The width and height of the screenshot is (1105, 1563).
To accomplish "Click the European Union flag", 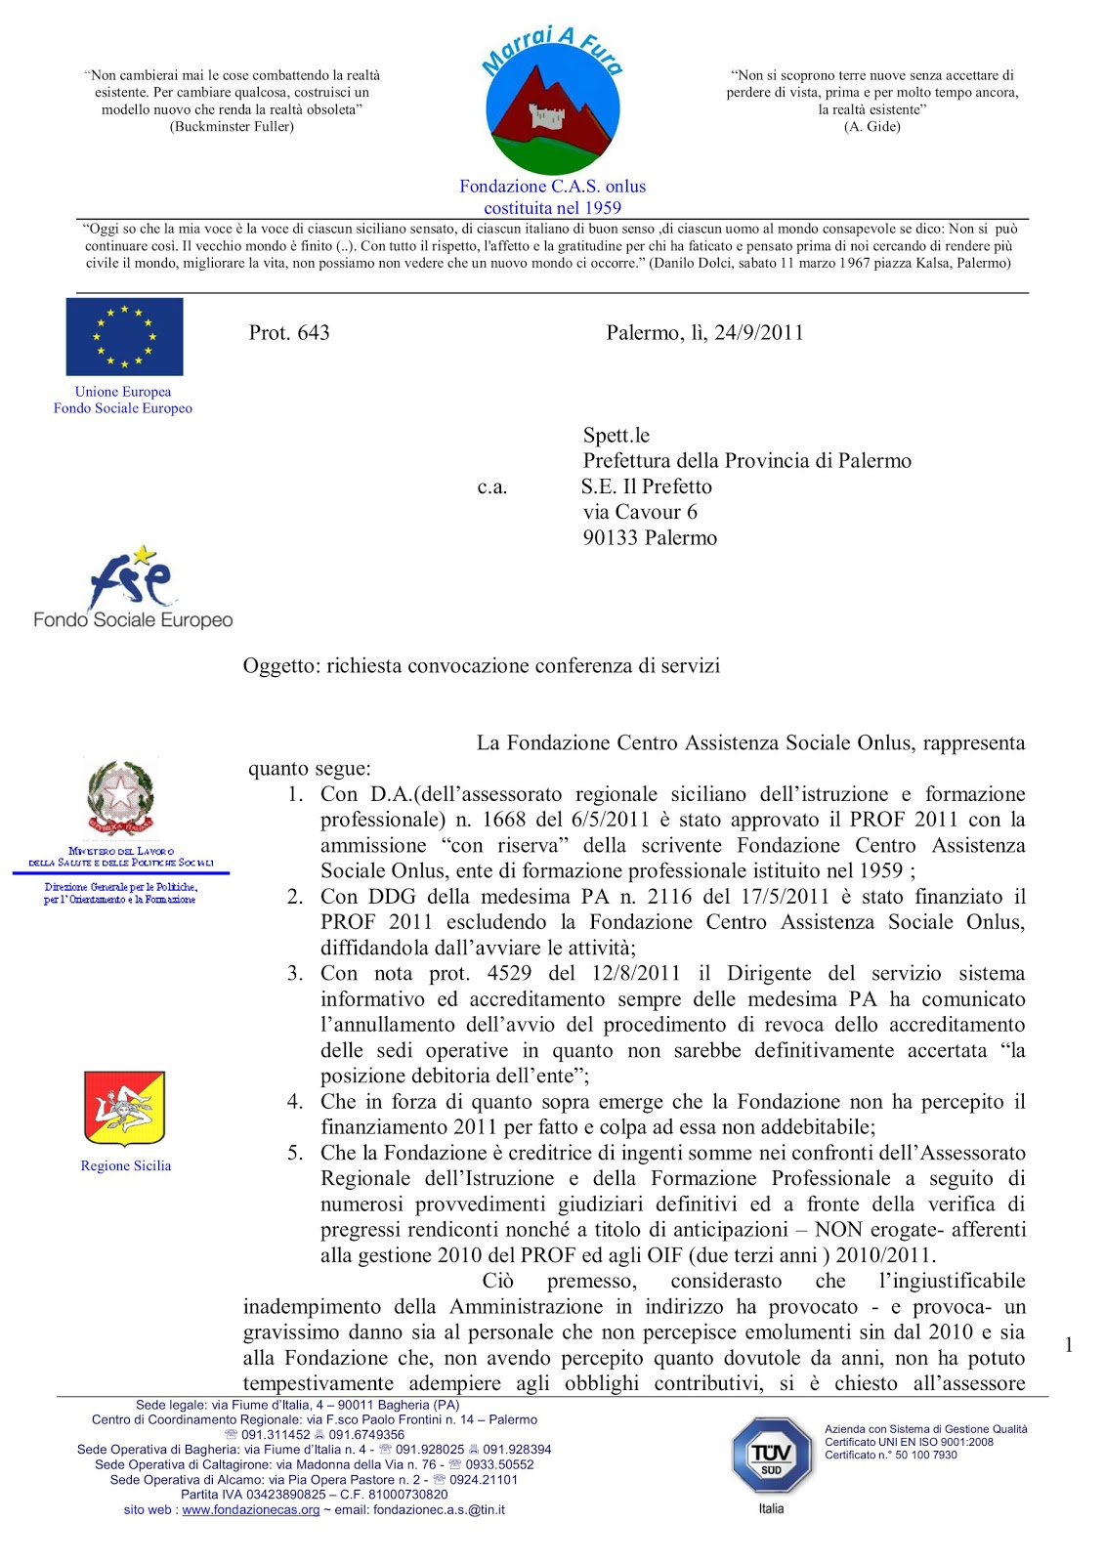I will [124, 336].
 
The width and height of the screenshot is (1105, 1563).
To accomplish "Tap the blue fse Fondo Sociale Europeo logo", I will [133, 586].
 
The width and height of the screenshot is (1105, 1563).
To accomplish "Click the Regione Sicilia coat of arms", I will [125, 1108].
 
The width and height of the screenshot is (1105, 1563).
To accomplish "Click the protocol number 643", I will [313, 332].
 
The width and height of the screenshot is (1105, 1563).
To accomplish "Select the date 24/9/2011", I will [758, 332].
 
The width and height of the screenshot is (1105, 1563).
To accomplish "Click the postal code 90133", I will [614, 537].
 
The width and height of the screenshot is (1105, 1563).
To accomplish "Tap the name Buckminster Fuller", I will [232, 126].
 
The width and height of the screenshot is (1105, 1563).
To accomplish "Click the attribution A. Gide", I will [871, 126].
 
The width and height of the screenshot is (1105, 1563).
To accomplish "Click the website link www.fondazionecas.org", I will [251, 1509].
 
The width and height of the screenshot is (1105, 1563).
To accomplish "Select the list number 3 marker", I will [295, 973].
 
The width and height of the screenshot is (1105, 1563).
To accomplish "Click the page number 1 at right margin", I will [1068, 1345].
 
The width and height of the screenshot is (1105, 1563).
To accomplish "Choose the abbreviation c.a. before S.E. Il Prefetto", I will [492, 486].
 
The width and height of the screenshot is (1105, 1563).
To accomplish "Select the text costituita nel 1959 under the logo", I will [552, 207].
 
